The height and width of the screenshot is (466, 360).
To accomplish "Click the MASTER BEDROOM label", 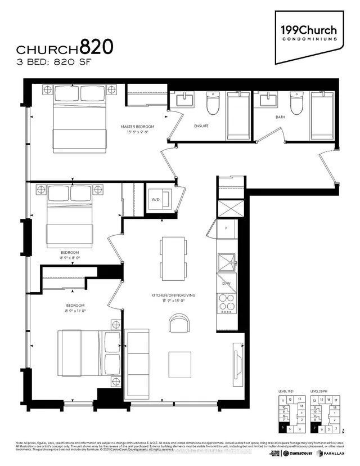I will pos(137,127).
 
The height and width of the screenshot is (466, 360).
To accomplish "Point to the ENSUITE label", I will pos(201,126).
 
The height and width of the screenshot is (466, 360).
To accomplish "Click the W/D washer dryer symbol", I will pos(156,198).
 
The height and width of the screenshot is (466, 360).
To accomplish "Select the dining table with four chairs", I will pos(172,257).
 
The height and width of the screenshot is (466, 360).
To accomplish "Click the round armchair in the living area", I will pos(178,324).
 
